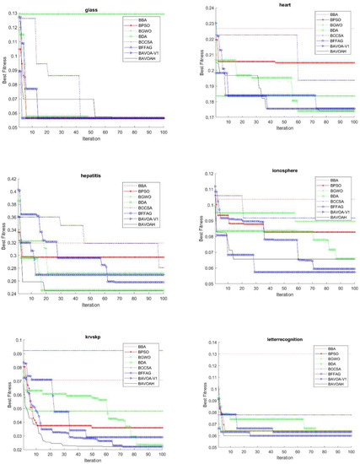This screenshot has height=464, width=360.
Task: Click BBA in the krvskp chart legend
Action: tap(139, 345)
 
